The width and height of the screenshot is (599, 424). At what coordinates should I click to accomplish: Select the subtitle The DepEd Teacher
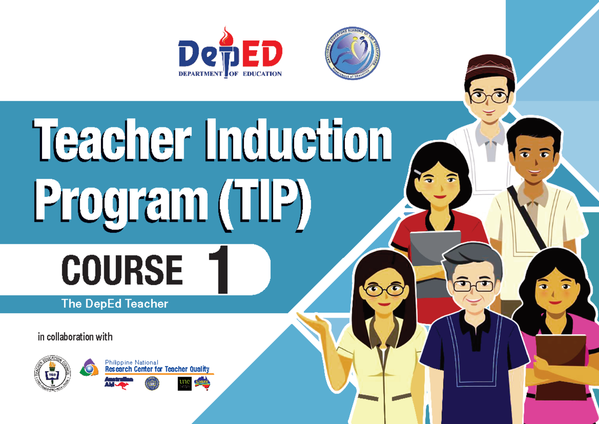(x=114, y=303)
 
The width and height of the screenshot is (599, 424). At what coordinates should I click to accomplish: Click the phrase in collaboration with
(x=75, y=337)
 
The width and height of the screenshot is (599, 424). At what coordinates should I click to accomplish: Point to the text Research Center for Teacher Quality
(x=157, y=369)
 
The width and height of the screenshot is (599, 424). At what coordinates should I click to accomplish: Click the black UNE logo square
(x=184, y=383)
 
